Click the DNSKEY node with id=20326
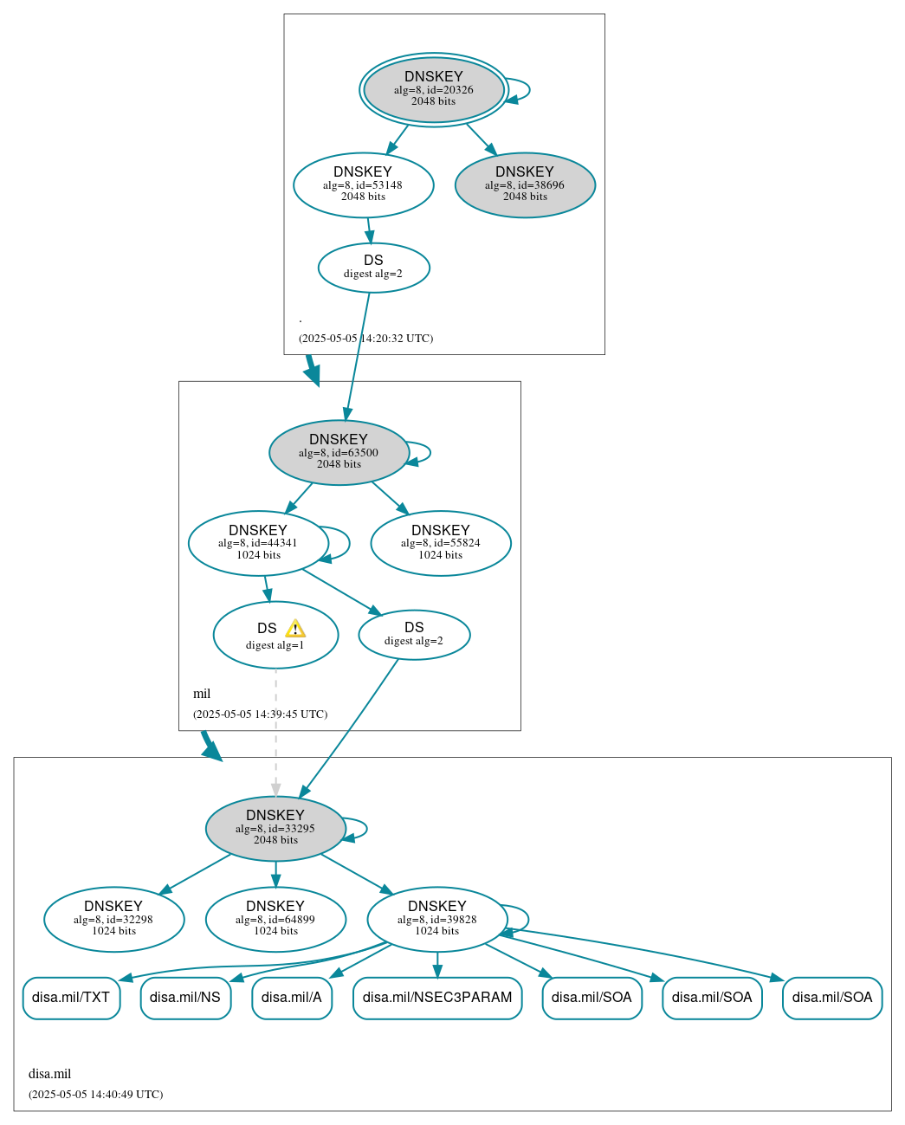(434, 89)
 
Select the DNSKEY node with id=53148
(363, 184)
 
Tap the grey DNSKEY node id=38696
(525, 184)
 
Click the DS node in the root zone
(373, 268)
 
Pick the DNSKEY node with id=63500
(339, 452)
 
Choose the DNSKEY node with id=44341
(258, 543)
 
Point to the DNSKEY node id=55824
(440, 543)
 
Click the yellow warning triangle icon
(295, 629)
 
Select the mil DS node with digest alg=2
(414, 635)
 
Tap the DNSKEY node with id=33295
(275, 828)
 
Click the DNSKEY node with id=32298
(113, 919)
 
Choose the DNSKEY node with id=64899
(275, 919)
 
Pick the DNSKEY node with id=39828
(436, 919)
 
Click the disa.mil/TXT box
(71, 998)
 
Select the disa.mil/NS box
(185, 998)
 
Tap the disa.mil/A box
(292, 998)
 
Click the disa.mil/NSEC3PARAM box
(437, 998)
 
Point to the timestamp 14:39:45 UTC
(260, 714)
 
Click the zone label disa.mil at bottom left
(50, 1074)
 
